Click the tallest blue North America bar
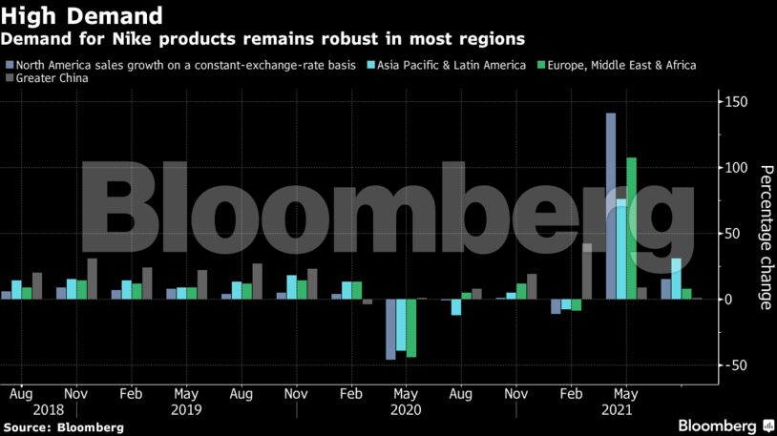pyautogui.click(x=611, y=206)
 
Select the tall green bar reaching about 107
pyautogui.click(x=631, y=229)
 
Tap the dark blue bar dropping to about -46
pyautogui.click(x=390, y=329)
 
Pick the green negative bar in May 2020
pyautogui.click(x=411, y=328)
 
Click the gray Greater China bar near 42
pyautogui.click(x=587, y=271)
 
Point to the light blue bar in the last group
pyautogui.click(x=676, y=279)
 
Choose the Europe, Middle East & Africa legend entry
pyautogui.click(x=621, y=65)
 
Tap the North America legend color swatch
pyautogui.click(x=10, y=65)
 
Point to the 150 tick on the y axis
pyautogui.click(x=735, y=102)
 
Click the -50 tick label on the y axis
pyautogui.click(x=735, y=365)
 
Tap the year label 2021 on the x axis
pyautogui.click(x=616, y=409)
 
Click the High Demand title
pyautogui.click(x=80, y=15)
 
